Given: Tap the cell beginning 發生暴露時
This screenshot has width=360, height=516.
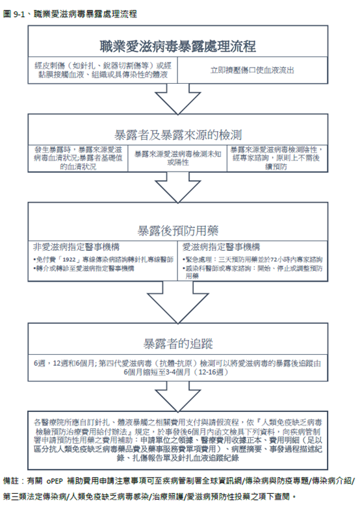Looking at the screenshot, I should tap(79, 157).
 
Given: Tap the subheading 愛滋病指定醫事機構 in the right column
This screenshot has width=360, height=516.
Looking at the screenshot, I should tap(222, 248).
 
